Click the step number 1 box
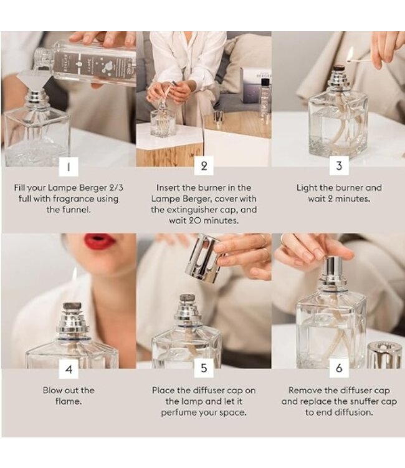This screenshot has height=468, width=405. point(68,167)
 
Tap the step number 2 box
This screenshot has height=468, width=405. point(203,167)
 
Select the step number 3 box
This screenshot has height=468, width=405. point(338,167)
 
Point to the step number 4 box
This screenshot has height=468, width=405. point(68,369)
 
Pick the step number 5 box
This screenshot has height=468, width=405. point(203,369)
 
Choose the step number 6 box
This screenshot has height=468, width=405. point(338,369)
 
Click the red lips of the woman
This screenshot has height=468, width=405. point(100,241)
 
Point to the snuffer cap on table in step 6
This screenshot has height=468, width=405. point(384,354)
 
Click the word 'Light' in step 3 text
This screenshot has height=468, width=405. point(308,188)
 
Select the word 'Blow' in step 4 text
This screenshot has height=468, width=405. point(54,391)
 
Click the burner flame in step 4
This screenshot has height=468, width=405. point(74,275)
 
